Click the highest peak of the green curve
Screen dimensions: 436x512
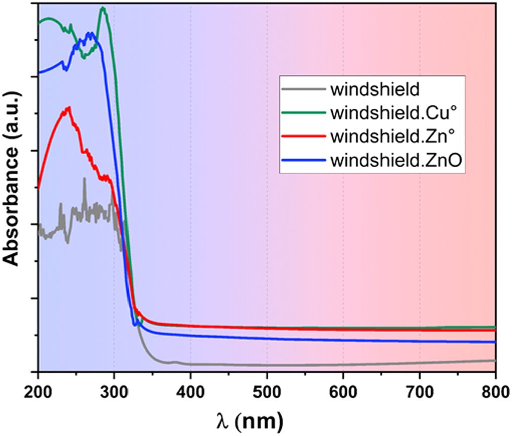point(103,8)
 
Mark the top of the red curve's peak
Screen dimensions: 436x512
point(68,107)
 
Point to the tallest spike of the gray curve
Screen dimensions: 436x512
point(84,178)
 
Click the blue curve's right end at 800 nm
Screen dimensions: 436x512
point(495,342)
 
